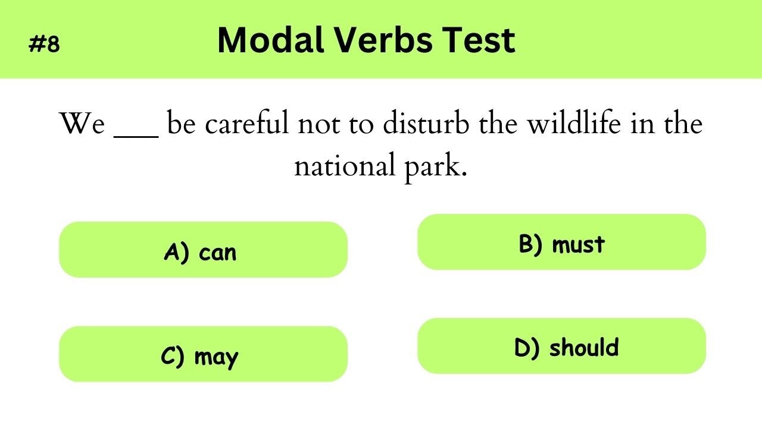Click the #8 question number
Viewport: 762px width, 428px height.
coord(45,44)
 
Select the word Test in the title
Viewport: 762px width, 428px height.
coord(482,40)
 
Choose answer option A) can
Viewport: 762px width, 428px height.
coord(203,250)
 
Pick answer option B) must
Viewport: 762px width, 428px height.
coord(561,243)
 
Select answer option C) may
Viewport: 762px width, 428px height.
coord(203,354)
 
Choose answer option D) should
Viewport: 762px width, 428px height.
coord(561,347)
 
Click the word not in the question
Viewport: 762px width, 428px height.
coord(316,124)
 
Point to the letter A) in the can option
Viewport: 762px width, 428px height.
coord(177,252)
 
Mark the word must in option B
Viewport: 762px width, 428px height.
coord(578,244)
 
